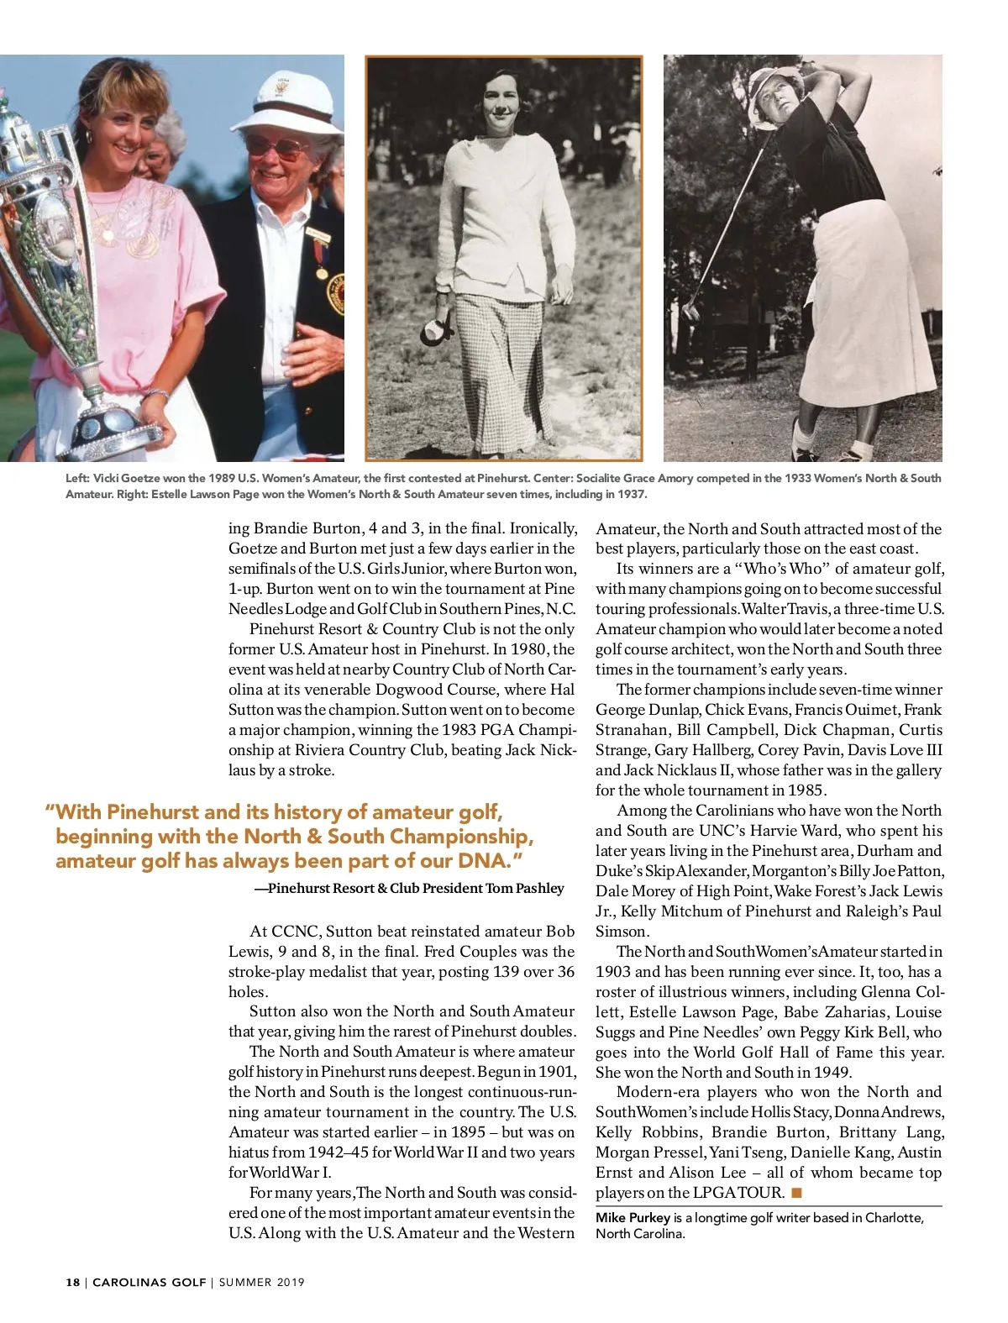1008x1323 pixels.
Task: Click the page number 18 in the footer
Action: (x=73, y=1283)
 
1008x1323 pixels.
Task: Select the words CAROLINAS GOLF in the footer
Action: (x=149, y=1283)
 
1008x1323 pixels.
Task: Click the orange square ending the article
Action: (x=796, y=1192)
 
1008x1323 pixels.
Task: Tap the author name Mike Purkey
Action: (x=633, y=1218)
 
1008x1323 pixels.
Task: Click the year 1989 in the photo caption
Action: (x=221, y=478)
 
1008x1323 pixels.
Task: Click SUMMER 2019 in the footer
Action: (x=262, y=1283)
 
